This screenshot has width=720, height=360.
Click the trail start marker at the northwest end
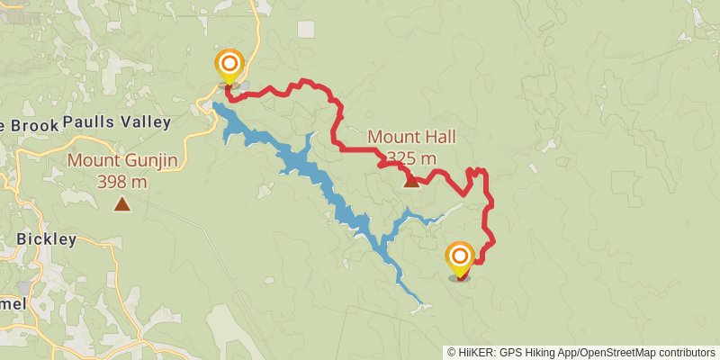click(x=229, y=65)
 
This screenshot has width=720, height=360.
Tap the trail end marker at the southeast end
click(x=460, y=257)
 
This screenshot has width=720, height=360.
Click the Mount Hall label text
click(x=411, y=138)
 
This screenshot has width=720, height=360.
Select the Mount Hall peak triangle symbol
click(x=411, y=181)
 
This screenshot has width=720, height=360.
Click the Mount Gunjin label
click(x=121, y=162)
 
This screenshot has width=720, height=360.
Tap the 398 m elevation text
click(x=121, y=182)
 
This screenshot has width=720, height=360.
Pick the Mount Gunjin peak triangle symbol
click(x=121, y=204)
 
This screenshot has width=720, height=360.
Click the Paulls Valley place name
click(x=117, y=122)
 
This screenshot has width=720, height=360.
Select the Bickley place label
click(x=46, y=239)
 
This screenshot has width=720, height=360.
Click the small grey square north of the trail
click(x=307, y=29)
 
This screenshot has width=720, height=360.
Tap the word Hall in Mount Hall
click(x=439, y=138)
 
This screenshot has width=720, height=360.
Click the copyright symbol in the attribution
click(x=452, y=352)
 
